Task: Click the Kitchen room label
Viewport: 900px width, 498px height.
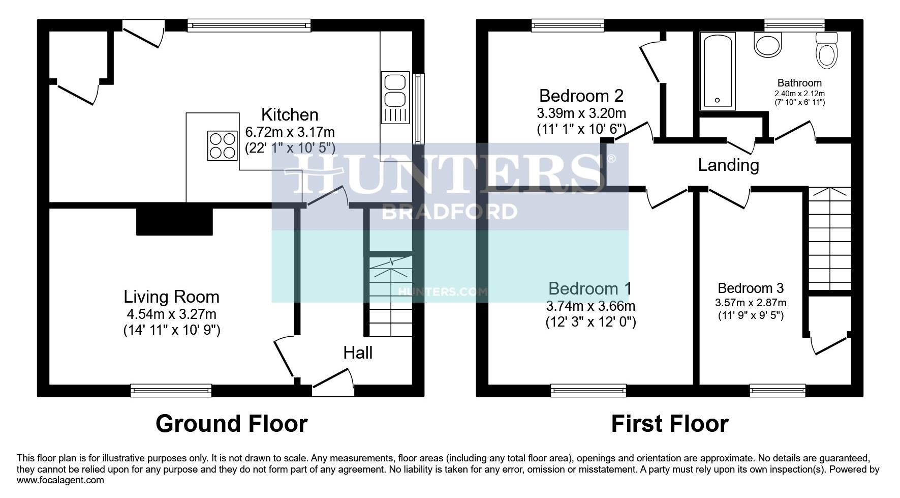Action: coord(290,114)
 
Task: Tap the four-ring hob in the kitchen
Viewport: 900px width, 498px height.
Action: coord(222,146)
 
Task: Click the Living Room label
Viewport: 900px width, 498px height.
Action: coord(171,297)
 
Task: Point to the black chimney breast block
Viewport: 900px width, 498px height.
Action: coord(174,219)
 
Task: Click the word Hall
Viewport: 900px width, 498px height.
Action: coord(358,353)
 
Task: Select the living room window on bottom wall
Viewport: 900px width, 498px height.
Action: coord(171,390)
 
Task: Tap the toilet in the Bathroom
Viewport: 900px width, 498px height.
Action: coord(826,51)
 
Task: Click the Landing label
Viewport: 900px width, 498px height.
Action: coord(728,165)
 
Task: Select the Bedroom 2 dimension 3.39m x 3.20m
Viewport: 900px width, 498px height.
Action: coord(581,113)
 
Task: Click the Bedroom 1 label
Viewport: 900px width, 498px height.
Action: coord(589,288)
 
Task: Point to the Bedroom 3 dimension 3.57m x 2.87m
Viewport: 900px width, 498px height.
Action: coord(751,303)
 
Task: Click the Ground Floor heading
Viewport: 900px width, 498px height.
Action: coord(231,423)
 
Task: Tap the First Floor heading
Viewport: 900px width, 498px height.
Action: coord(669,423)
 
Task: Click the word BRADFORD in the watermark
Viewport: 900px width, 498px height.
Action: coord(449,212)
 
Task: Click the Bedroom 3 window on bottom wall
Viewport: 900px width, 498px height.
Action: coord(778,390)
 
